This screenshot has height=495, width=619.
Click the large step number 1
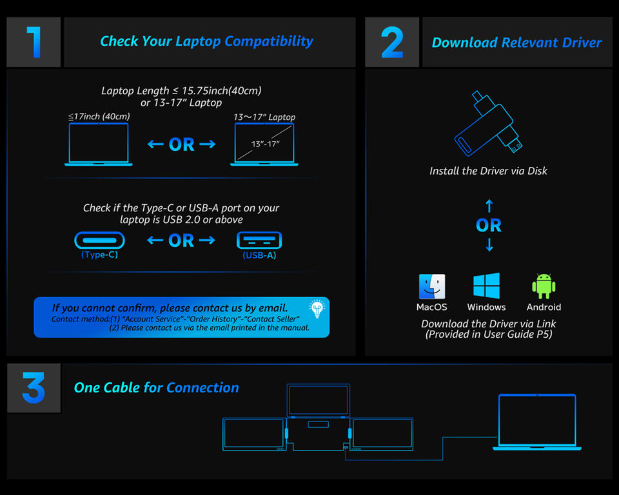[x=34, y=42]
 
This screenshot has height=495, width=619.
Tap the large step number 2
[x=392, y=43]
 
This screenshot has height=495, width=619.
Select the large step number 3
[x=34, y=388]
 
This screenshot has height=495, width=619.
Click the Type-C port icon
[x=99, y=240]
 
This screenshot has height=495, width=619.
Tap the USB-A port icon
[x=259, y=240]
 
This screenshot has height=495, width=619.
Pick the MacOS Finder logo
[x=431, y=286]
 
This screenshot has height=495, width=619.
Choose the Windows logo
[x=486, y=286]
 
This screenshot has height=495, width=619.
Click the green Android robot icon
[x=544, y=286]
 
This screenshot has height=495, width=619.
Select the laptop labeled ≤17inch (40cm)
[x=99, y=144]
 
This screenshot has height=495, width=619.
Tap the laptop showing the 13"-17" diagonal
[x=264, y=144]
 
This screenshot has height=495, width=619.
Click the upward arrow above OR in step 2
[x=489, y=206]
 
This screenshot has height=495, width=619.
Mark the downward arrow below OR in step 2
[x=489, y=245]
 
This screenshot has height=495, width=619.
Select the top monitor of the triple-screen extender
[x=318, y=400]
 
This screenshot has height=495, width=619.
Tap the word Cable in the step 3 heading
[x=121, y=387]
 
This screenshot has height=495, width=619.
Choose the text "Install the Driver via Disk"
[x=488, y=171]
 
